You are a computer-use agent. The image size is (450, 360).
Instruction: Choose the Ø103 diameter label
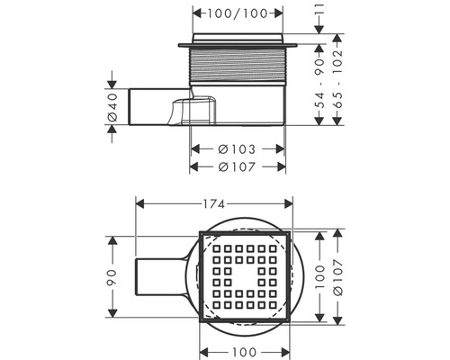click(238, 148)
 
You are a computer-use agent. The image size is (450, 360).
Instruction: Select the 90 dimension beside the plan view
click(112, 275)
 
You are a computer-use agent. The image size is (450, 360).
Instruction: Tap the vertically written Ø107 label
click(337, 275)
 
